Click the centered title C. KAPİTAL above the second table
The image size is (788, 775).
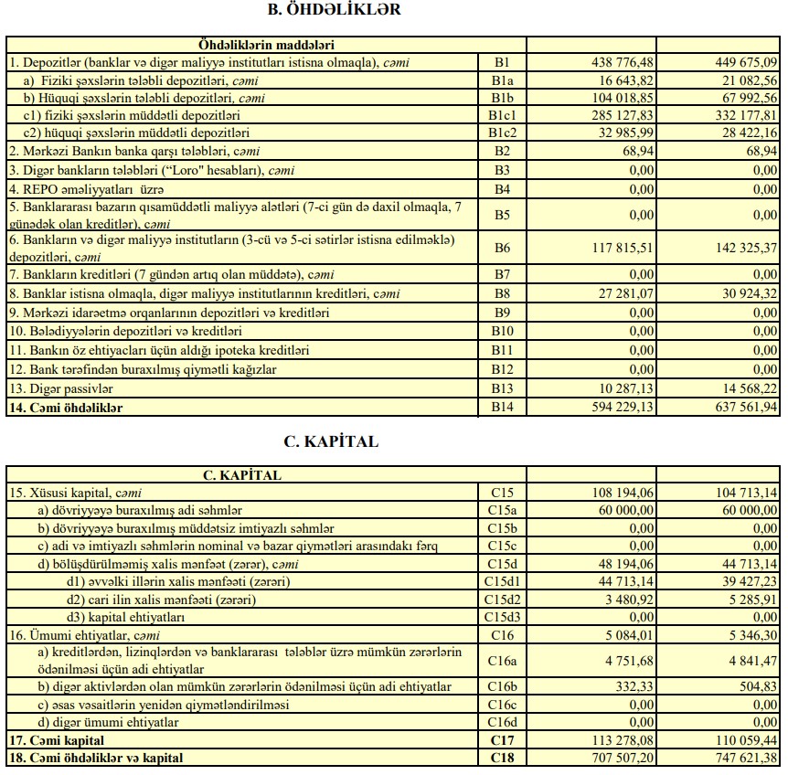pyautogui.click(x=331, y=441)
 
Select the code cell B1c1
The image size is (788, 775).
pyautogui.click(x=502, y=114)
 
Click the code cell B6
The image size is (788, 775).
pyautogui.click(x=502, y=248)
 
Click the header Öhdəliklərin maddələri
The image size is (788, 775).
pyautogui.click(x=266, y=44)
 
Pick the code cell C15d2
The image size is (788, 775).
pyautogui.click(x=502, y=600)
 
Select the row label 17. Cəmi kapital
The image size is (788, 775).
pyautogui.click(x=56, y=740)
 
